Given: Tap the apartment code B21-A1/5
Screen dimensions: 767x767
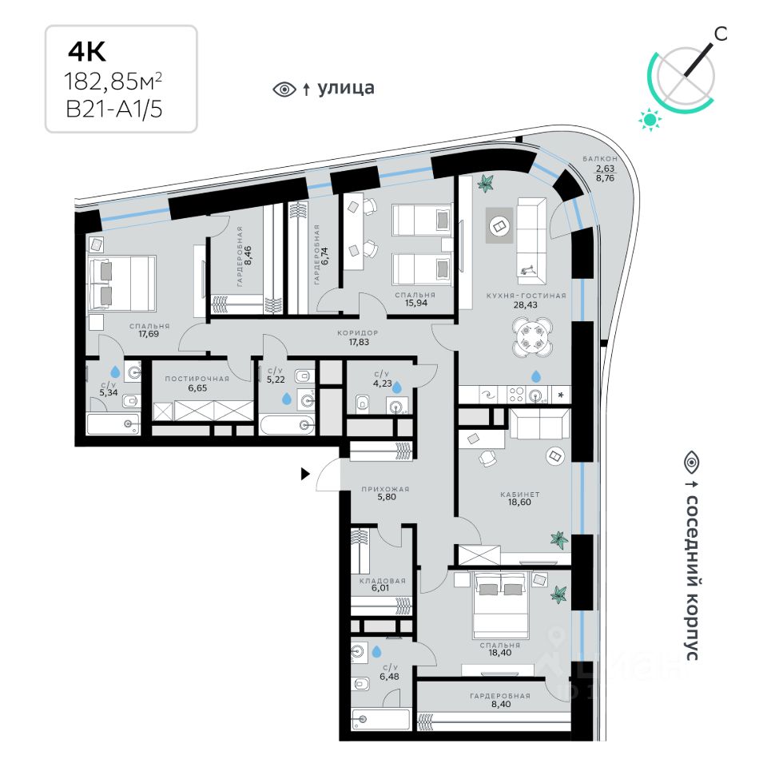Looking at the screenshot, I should point(113,109).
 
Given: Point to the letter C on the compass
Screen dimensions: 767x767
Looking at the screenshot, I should point(721,33).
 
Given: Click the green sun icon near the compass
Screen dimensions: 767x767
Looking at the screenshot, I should point(651,120).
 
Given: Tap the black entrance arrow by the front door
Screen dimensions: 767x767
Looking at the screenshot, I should point(304,475).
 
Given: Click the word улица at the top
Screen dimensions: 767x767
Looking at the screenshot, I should point(346,88).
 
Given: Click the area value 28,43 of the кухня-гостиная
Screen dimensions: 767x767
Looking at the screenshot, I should point(526,304).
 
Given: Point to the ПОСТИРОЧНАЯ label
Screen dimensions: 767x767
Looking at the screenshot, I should point(197,379).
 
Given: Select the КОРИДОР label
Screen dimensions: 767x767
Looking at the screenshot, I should point(357,332).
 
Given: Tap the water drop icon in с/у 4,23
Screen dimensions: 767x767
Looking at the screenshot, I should point(394,387).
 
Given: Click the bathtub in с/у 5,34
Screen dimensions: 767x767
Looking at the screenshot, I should point(113,423).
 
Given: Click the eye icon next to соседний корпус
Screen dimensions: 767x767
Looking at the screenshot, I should point(691,461).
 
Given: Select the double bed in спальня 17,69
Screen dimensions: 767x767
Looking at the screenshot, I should point(121,284).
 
